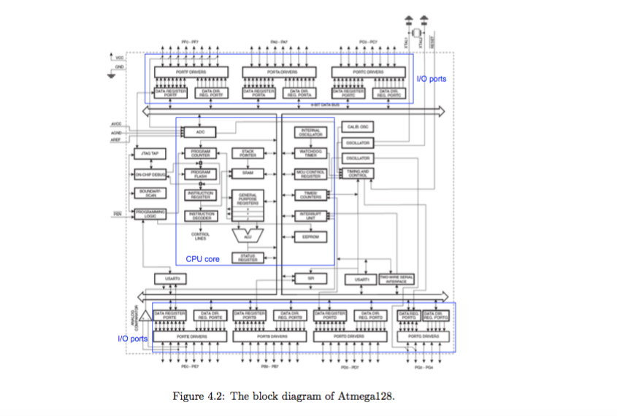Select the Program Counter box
201,153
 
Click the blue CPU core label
202,259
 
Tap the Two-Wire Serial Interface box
397,279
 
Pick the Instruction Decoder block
201,216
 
